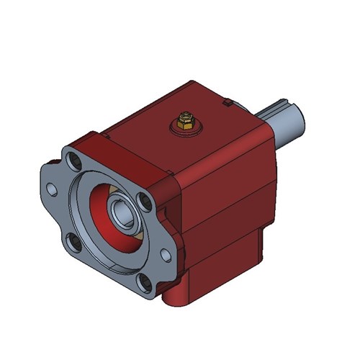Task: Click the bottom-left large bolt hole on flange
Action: [x=72, y=241]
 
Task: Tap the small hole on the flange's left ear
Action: [x=52, y=189]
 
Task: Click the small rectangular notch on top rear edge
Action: [x=228, y=104]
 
